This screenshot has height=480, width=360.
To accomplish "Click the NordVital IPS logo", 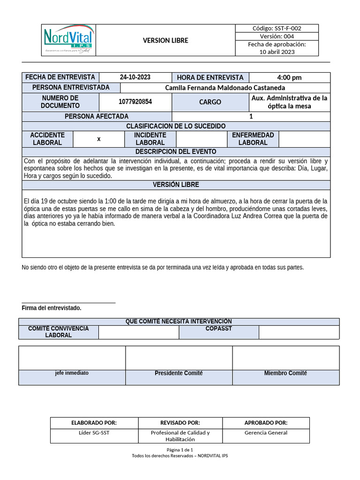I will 68,40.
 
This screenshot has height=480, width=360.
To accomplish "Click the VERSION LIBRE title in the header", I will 165,40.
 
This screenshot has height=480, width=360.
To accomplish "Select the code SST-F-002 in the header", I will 277,28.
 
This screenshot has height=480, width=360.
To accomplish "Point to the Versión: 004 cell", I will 277,36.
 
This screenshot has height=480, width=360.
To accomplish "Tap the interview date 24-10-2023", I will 135,77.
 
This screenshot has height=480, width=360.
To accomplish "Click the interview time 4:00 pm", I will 289,77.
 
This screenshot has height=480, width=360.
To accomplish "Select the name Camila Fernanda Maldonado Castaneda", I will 225,88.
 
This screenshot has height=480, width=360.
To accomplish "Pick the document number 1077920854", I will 135,102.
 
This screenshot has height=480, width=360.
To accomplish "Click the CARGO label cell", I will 210,102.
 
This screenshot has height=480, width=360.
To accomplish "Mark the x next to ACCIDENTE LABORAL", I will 98,139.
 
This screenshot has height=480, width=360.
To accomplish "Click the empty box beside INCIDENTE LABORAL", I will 201,139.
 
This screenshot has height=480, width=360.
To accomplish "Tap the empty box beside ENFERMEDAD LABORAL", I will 304,139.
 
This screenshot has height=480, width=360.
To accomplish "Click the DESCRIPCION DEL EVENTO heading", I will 176,152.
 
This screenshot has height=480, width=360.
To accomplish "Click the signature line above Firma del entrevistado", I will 68,303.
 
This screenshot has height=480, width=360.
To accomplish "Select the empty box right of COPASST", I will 299,332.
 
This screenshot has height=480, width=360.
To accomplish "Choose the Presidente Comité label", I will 179,373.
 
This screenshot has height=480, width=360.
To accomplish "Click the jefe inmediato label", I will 72,373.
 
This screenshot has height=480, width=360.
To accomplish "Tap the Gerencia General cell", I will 266,433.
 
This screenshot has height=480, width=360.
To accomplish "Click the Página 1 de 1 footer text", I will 180,450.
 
